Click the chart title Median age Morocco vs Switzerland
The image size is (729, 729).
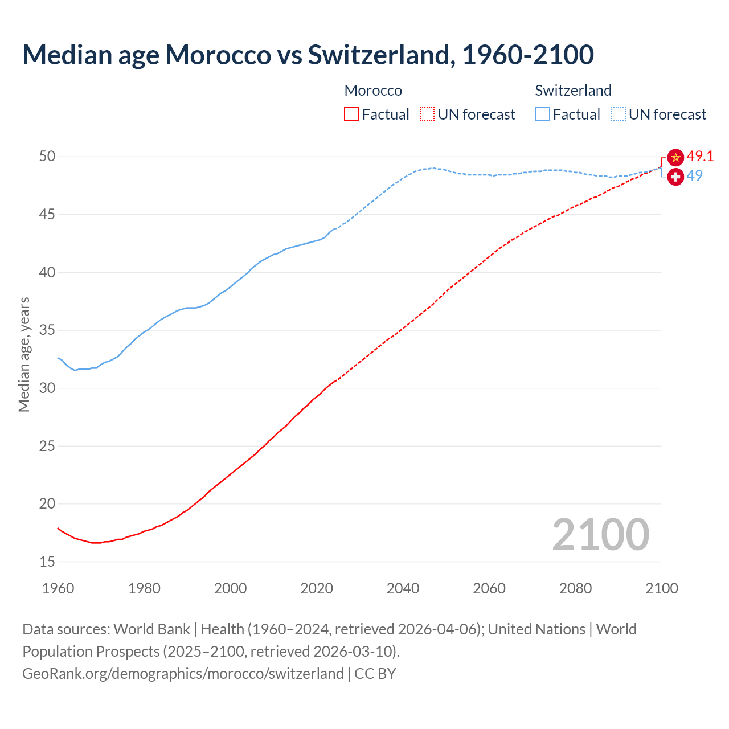click(308, 55)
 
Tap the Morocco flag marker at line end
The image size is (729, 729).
click(675, 157)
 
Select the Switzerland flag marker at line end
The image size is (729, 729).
click(675, 177)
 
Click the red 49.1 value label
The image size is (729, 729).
click(700, 156)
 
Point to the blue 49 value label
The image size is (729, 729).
click(694, 175)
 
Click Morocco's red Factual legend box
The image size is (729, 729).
click(351, 114)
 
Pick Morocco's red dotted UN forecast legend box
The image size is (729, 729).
click(427, 114)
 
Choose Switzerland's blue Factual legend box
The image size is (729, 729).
click(543, 114)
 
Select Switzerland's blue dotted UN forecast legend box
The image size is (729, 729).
click(619, 114)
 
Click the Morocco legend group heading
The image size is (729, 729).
click(373, 91)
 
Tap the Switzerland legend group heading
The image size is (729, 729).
click(573, 91)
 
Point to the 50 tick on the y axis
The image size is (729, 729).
click(47, 156)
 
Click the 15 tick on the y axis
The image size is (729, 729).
click(47, 562)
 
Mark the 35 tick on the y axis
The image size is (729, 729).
click(47, 330)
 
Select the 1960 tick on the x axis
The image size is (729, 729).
click(58, 588)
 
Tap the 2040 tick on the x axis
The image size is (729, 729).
click(403, 588)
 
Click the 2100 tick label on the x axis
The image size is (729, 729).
click(661, 588)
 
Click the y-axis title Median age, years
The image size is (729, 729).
click(24, 354)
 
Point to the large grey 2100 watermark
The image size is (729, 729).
click(600, 535)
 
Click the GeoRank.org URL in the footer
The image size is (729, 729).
click(183, 674)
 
